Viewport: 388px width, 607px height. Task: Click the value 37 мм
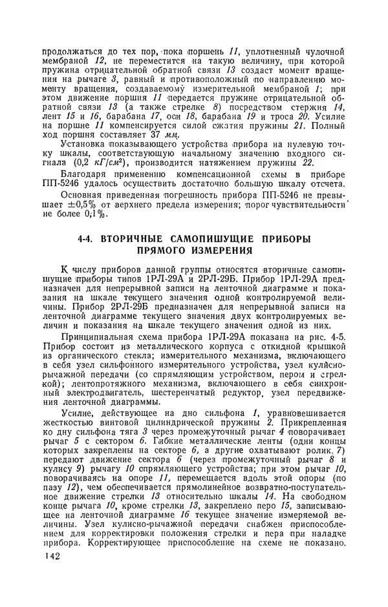(x=151, y=134)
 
